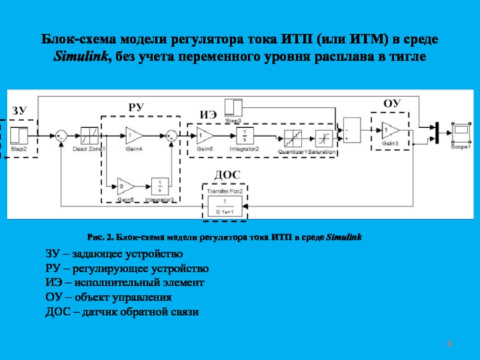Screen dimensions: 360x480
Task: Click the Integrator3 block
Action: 160,186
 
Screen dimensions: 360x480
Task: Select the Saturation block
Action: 325,139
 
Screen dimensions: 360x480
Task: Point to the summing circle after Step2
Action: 61,136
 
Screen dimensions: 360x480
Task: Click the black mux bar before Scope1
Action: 437,132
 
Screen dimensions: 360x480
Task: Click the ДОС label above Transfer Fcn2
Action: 227,175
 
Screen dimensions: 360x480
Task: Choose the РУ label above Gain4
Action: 137,106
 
